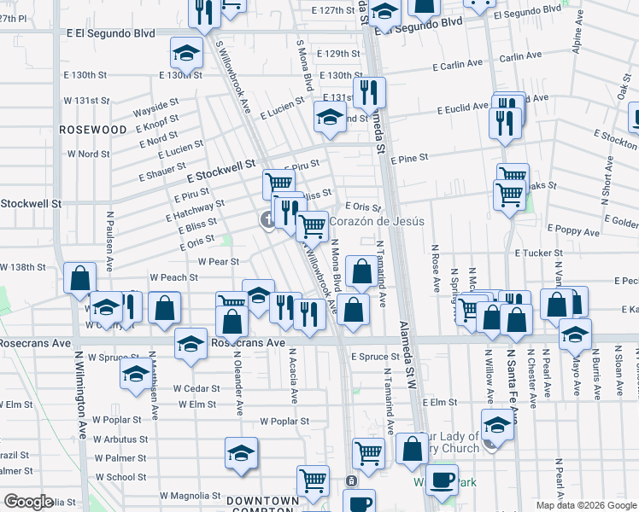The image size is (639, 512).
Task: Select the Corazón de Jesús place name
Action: click(x=377, y=221)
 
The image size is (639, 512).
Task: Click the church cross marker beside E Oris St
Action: click(x=268, y=221)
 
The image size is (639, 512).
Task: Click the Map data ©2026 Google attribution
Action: click(x=585, y=505)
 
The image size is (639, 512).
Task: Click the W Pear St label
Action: click(x=218, y=261)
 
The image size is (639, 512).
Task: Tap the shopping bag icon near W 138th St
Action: click(x=79, y=277)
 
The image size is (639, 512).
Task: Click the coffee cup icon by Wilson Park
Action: click(x=441, y=480)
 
